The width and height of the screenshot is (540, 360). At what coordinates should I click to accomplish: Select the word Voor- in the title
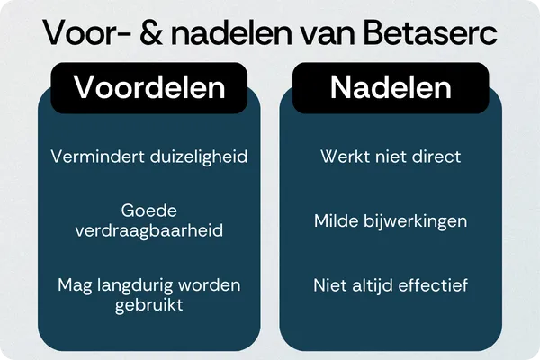coord(86,34)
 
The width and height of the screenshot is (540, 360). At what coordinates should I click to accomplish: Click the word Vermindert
coord(90,157)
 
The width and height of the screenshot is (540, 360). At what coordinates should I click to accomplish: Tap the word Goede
coord(148,211)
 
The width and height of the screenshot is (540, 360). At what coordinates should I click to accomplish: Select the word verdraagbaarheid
coord(148,229)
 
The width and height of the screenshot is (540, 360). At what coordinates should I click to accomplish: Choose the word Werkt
coord(343,157)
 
